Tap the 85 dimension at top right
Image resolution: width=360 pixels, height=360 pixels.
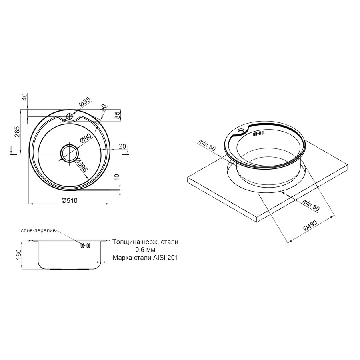[117, 116]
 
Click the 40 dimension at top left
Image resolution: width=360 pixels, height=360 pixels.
[24, 97]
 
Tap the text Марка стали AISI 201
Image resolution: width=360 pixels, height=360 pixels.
[145, 258]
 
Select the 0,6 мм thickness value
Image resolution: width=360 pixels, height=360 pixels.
[145, 250]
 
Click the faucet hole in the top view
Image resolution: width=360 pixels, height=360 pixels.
[69, 116]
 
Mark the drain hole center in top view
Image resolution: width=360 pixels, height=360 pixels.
[70, 153]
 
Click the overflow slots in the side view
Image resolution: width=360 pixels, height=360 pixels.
[86, 246]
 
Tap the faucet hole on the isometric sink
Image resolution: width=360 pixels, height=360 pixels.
[242, 131]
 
